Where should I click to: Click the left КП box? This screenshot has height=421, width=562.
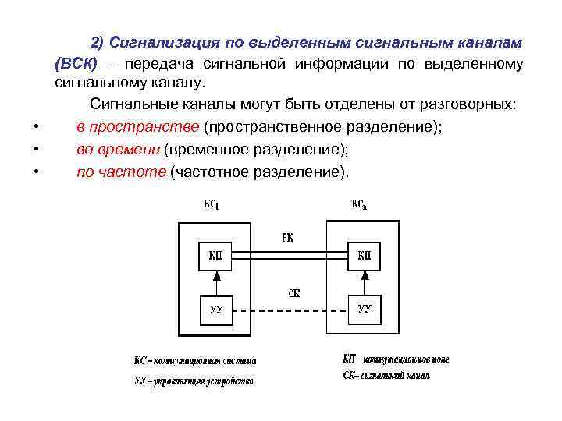pos(216,256)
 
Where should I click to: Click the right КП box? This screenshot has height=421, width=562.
pos(365,256)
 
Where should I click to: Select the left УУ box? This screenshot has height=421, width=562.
pos(216,310)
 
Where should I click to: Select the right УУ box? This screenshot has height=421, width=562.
pos(365,310)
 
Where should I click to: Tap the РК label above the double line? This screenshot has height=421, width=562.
pos(287,238)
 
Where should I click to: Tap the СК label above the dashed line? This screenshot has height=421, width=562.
pos(293,293)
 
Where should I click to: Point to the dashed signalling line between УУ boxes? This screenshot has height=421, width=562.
pos(290,310)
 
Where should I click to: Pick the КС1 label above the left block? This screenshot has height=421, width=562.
pos(212,206)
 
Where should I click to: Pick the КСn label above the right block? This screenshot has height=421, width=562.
pos(360,206)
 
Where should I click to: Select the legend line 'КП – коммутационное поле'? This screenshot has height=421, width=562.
pos(396,359)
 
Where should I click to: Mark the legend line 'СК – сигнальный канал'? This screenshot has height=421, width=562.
pos(386,375)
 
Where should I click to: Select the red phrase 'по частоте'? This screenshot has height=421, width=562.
pos(120,171)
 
